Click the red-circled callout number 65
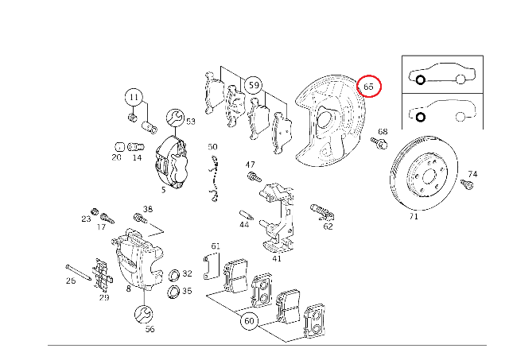pos(370,85)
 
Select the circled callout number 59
pos(253,84)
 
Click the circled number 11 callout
pos(134,98)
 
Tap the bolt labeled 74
pos(467,185)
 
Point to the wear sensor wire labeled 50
pos(213,179)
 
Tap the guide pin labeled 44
pos(247,215)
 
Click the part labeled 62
pos(322,211)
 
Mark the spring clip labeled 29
pos(100,275)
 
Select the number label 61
pos(214,246)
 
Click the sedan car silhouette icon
pos(441,75)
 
